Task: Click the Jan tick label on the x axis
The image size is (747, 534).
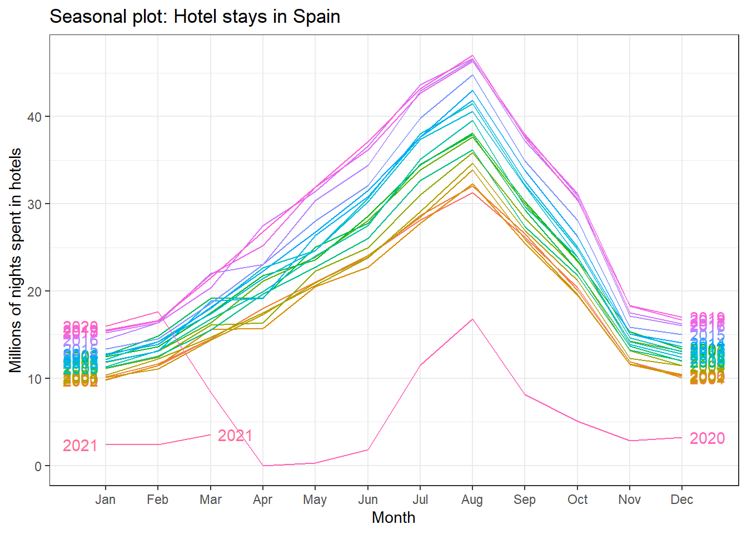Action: click(105, 500)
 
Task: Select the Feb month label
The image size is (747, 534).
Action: click(157, 500)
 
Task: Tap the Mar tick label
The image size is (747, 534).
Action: click(210, 500)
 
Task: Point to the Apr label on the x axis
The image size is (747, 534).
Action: click(262, 500)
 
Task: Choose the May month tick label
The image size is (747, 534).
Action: click(315, 500)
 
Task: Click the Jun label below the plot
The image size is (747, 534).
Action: click(367, 500)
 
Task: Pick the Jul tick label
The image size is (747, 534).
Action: click(420, 500)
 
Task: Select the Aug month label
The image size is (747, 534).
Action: click(472, 500)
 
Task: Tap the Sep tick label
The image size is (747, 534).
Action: click(525, 500)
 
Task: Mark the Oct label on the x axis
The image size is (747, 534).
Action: click(577, 500)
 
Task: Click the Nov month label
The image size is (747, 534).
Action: click(629, 500)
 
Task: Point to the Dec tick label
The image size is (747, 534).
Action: click(681, 500)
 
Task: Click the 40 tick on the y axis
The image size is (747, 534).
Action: click(34, 117)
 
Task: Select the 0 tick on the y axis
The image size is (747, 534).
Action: click(38, 466)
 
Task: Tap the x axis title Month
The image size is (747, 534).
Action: click(394, 518)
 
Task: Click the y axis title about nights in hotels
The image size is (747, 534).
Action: click(16, 260)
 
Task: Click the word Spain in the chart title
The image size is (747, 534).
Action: click(317, 17)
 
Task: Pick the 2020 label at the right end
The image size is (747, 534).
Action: click(707, 438)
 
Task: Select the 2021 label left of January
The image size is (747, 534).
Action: click(80, 446)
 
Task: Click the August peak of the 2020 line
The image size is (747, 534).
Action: click(472, 319)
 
